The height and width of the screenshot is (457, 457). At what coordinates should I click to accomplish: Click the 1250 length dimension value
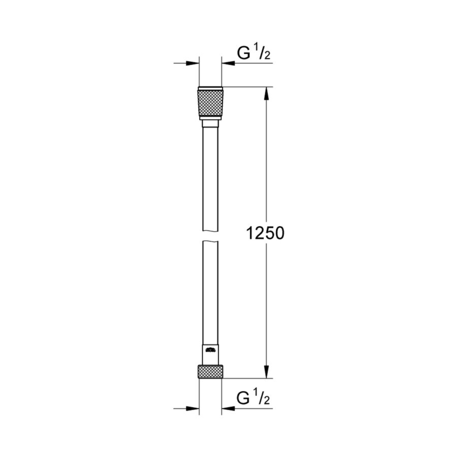point(265,233)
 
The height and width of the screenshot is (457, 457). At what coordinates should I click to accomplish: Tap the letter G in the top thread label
point(244,53)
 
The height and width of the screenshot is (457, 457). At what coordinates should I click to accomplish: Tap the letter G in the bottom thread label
point(244,398)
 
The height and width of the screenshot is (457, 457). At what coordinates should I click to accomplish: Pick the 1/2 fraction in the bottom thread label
point(263,398)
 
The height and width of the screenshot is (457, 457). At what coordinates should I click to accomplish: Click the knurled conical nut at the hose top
point(210,103)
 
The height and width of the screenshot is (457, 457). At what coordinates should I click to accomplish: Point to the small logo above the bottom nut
point(210,349)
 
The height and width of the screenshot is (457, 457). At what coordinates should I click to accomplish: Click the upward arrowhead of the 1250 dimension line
point(265,94)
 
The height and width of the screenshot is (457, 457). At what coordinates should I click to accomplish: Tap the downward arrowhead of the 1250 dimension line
point(265,371)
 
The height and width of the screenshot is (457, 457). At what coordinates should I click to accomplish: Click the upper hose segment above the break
point(210,178)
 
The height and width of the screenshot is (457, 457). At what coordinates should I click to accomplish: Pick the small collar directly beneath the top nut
point(210,123)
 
